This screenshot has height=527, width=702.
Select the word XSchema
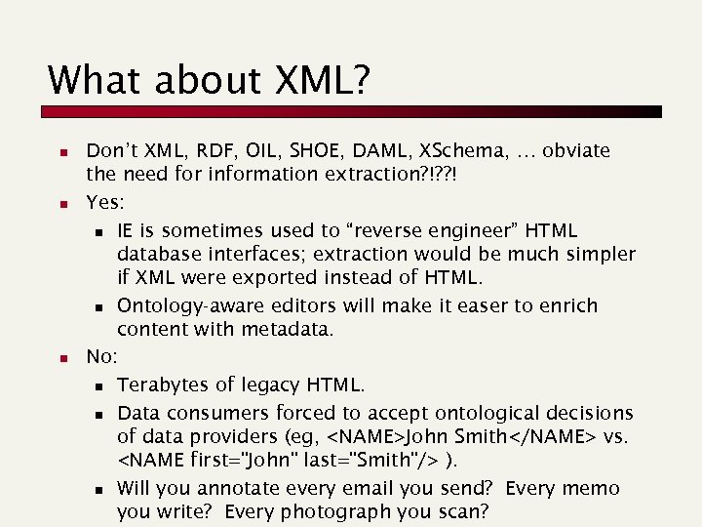[x=458, y=151]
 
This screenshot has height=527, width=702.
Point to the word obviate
[x=576, y=151]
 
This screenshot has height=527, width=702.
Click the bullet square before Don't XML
[x=60, y=153]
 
